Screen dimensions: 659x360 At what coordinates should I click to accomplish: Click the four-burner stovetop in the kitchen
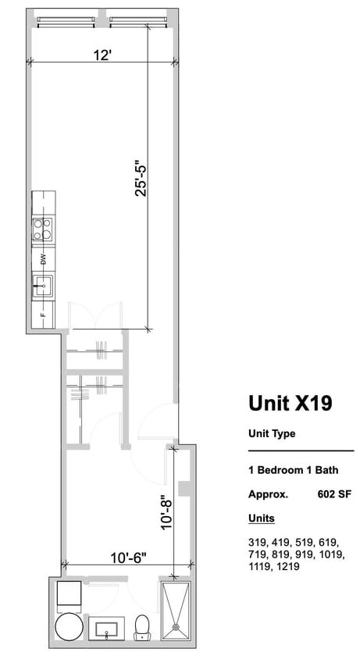point(43,229)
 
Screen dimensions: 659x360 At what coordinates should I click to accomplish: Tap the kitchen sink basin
point(43,287)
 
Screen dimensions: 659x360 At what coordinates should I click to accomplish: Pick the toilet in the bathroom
point(142,627)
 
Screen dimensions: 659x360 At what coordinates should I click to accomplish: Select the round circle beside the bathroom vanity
point(68,628)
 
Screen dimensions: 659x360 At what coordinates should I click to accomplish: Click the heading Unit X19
point(290,403)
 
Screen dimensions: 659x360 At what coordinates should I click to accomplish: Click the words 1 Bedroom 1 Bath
point(287,471)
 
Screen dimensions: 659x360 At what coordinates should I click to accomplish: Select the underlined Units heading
point(261,518)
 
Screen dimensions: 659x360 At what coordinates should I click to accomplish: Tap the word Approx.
point(268,493)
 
